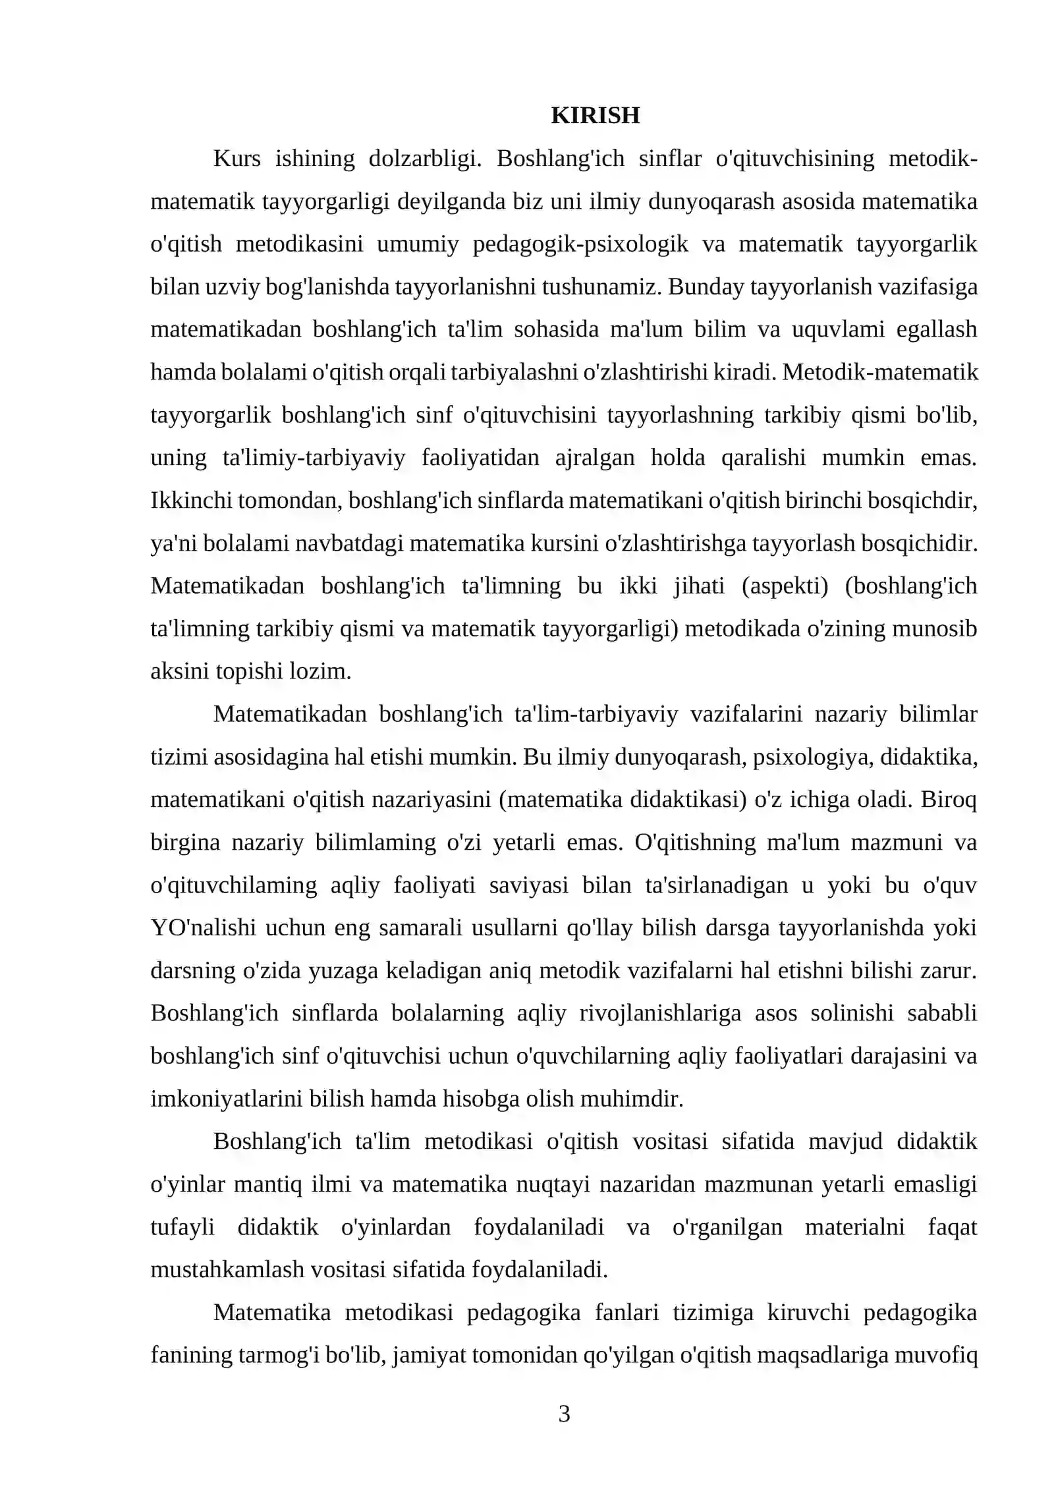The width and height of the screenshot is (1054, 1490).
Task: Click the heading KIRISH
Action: pos(595,115)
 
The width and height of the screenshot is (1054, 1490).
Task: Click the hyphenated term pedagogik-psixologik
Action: pos(580,244)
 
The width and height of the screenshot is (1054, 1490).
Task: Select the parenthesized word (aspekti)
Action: pos(785,586)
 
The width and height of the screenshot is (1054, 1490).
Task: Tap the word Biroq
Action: pos(949,800)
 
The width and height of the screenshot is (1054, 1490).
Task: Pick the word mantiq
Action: pos(268,1184)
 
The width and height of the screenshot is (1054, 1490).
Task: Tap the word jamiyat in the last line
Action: pos(428,1355)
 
